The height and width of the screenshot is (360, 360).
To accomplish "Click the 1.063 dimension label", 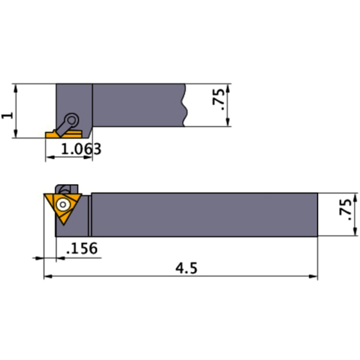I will click(77, 149).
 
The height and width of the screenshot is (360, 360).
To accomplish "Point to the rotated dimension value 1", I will click(7, 114).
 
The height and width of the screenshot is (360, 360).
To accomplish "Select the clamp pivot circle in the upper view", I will click(72, 119).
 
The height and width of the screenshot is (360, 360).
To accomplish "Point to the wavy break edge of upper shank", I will click(184, 106).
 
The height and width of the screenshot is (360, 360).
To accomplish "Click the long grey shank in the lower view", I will click(203, 214).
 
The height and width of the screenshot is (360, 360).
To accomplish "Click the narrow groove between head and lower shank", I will click(90, 214).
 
